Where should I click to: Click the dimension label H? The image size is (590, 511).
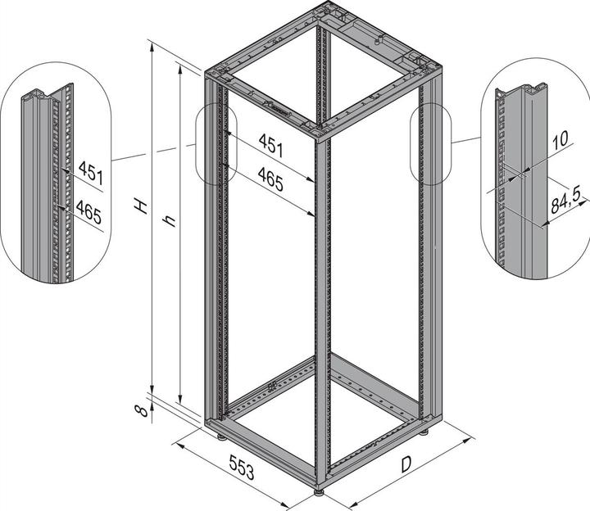pyautogui.click(x=141, y=206)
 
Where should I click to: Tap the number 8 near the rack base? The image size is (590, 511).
pyautogui.click(x=142, y=411)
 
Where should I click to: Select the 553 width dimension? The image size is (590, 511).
pyautogui.click(x=242, y=468)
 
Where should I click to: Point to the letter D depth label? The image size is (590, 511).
pyautogui.click(x=406, y=464)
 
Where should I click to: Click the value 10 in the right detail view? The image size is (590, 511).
pyautogui.click(x=560, y=139)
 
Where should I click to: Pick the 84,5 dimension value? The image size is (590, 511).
pyautogui.click(x=565, y=201)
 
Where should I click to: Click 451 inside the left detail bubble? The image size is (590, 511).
pyautogui.click(x=91, y=173)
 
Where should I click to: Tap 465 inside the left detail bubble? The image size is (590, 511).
pyautogui.click(x=88, y=212)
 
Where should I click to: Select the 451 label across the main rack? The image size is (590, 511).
pyautogui.click(x=270, y=145)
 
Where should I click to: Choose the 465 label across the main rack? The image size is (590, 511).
pyautogui.click(x=270, y=179)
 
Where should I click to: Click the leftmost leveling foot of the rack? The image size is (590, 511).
pyautogui.click(x=221, y=437)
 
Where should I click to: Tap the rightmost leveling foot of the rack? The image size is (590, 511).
pyautogui.click(x=424, y=432)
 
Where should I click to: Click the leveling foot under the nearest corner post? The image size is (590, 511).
pyautogui.click(x=320, y=492)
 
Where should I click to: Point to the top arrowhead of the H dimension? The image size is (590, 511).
pyautogui.click(x=152, y=47)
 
